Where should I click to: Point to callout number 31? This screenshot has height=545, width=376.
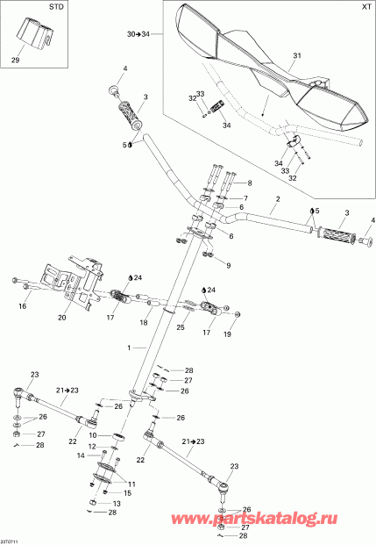point(296,57)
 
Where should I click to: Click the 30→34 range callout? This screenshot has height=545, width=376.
point(138,34)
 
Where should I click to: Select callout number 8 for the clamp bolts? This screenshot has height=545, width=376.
point(249,183)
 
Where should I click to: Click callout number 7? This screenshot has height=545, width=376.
point(245,199)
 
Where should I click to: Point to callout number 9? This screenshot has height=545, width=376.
point(228,265)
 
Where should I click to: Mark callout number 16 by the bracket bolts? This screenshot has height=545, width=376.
point(23,307)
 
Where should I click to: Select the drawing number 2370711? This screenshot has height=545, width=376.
point(11,540)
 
